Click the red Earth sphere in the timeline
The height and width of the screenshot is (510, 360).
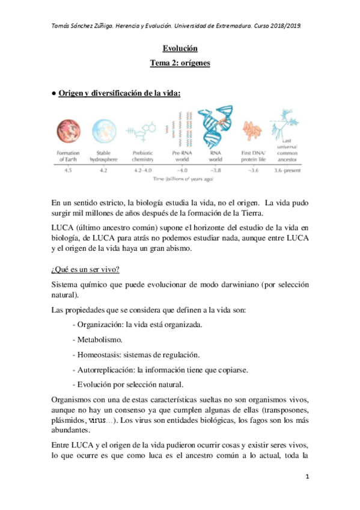69,131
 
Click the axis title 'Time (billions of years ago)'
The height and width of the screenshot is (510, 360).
180,179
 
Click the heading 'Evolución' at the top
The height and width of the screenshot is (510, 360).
180,48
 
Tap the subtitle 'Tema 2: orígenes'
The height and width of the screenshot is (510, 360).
180,63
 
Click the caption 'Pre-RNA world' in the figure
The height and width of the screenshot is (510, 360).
178,157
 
